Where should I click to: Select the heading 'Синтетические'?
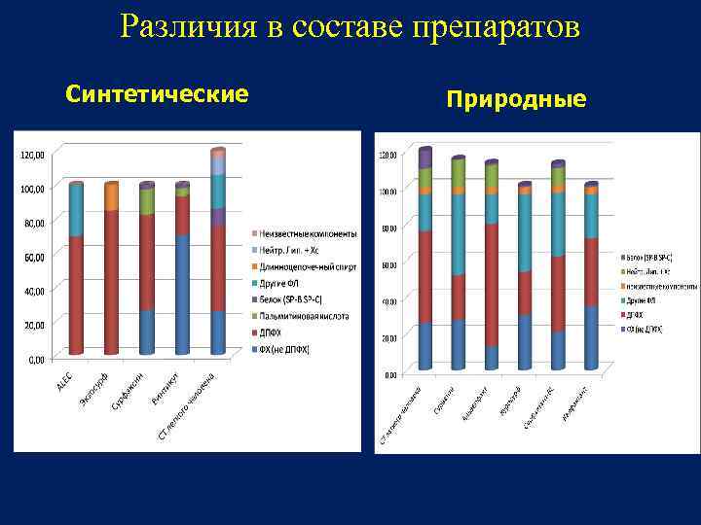[157, 93]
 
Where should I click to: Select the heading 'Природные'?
[516, 99]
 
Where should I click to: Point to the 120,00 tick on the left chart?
[33, 155]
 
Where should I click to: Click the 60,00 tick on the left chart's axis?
[34, 258]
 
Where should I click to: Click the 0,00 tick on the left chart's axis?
[36, 360]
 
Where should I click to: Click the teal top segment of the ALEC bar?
[76, 209]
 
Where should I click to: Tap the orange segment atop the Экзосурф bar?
[111, 197]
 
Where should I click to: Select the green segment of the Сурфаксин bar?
[147, 201]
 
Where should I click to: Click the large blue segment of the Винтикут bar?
[182, 293]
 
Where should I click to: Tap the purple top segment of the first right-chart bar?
[424, 158]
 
